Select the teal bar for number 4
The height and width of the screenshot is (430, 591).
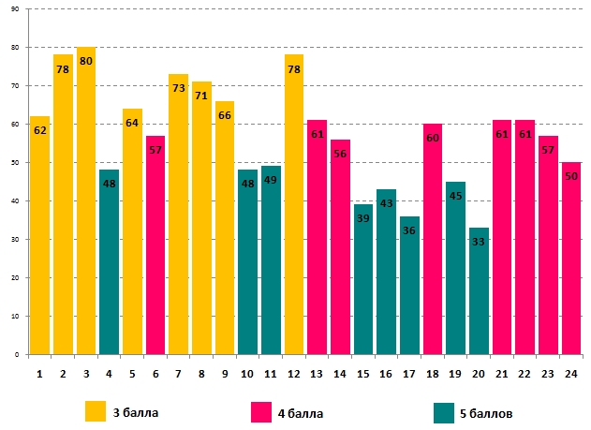109,262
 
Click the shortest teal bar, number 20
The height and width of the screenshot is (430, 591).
479,290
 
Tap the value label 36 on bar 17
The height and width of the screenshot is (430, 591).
409,230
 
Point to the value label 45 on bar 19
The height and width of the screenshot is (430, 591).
455,196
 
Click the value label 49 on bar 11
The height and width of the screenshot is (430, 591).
271,181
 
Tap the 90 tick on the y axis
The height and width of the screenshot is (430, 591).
13,9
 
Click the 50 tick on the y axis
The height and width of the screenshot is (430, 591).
13,163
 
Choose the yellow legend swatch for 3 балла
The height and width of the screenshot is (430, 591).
96,410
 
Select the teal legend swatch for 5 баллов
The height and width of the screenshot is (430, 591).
445,410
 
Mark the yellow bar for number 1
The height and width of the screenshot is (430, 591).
39,235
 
